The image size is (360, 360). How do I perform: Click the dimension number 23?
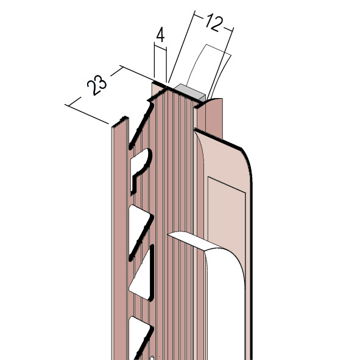click(x=97, y=85)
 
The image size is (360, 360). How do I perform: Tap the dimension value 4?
click(x=160, y=35)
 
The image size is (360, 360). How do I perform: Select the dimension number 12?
click(x=214, y=23)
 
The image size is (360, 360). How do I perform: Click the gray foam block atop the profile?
click(x=189, y=92)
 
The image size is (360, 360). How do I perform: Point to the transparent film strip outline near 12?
click(x=210, y=69)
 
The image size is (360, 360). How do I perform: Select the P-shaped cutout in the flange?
click(x=140, y=169)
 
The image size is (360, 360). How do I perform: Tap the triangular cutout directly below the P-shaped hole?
click(x=139, y=230)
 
